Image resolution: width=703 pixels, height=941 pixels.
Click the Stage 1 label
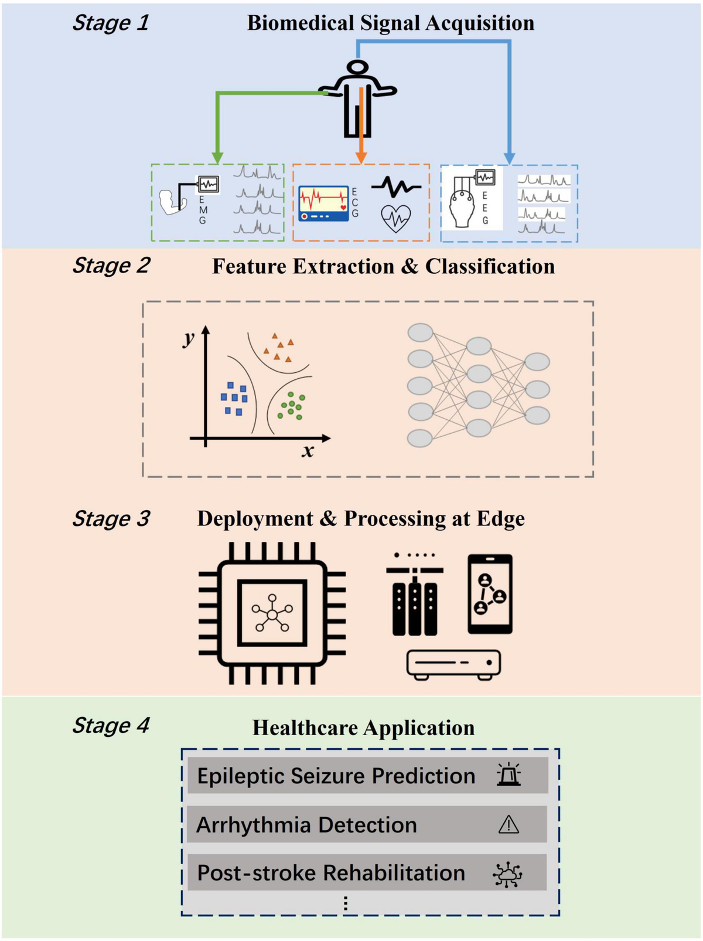(x=110, y=23)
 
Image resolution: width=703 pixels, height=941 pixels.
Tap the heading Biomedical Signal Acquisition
(x=390, y=23)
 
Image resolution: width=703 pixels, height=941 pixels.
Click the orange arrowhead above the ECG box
(x=361, y=157)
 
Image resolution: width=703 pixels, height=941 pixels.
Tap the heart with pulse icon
(x=396, y=219)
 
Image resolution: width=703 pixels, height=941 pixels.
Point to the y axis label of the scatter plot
(x=189, y=338)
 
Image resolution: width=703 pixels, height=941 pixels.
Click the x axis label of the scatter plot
(x=308, y=451)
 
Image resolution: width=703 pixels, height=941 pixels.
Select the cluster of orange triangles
(x=279, y=347)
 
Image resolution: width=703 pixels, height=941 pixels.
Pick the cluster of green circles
(x=291, y=405)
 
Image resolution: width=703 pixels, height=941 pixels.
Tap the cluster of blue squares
(x=234, y=399)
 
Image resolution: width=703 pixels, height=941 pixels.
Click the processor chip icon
(x=272, y=613)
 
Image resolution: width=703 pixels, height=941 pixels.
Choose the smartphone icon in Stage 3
(x=490, y=594)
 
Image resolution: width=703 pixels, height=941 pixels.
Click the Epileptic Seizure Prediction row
(x=367, y=776)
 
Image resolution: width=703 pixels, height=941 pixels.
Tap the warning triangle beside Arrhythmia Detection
(x=509, y=825)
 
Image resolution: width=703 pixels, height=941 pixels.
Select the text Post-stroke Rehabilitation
(x=331, y=873)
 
